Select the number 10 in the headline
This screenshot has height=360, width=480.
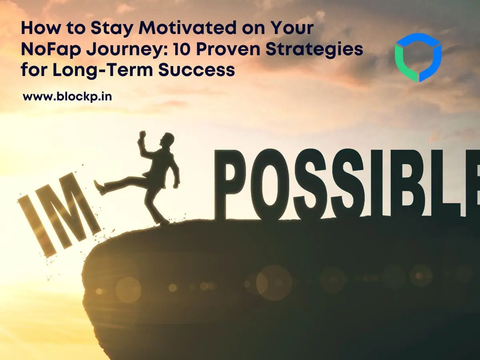(x=181, y=50)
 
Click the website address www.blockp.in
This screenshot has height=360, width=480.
(x=67, y=96)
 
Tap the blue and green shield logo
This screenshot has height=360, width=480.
(x=418, y=57)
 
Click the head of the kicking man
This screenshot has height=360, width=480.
(x=168, y=140)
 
